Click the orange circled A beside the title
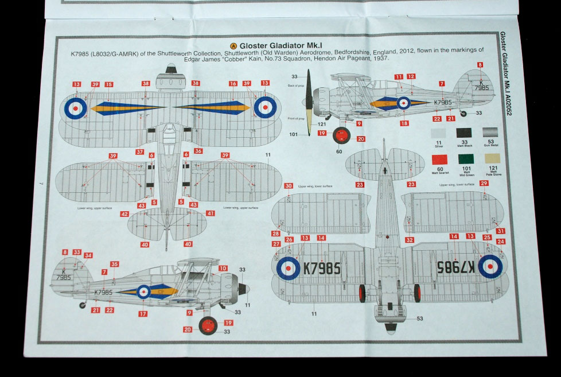(233, 45)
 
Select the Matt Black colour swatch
(464, 133)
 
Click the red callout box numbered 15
(108, 84)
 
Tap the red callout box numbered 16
(233, 84)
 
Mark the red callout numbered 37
(139, 152)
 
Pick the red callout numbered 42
(124, 213)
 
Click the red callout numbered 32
(409, 240)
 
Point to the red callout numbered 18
(405, 123)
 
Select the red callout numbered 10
(223, 268)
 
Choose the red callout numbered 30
(288, 186)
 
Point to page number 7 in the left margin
(42, 183)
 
